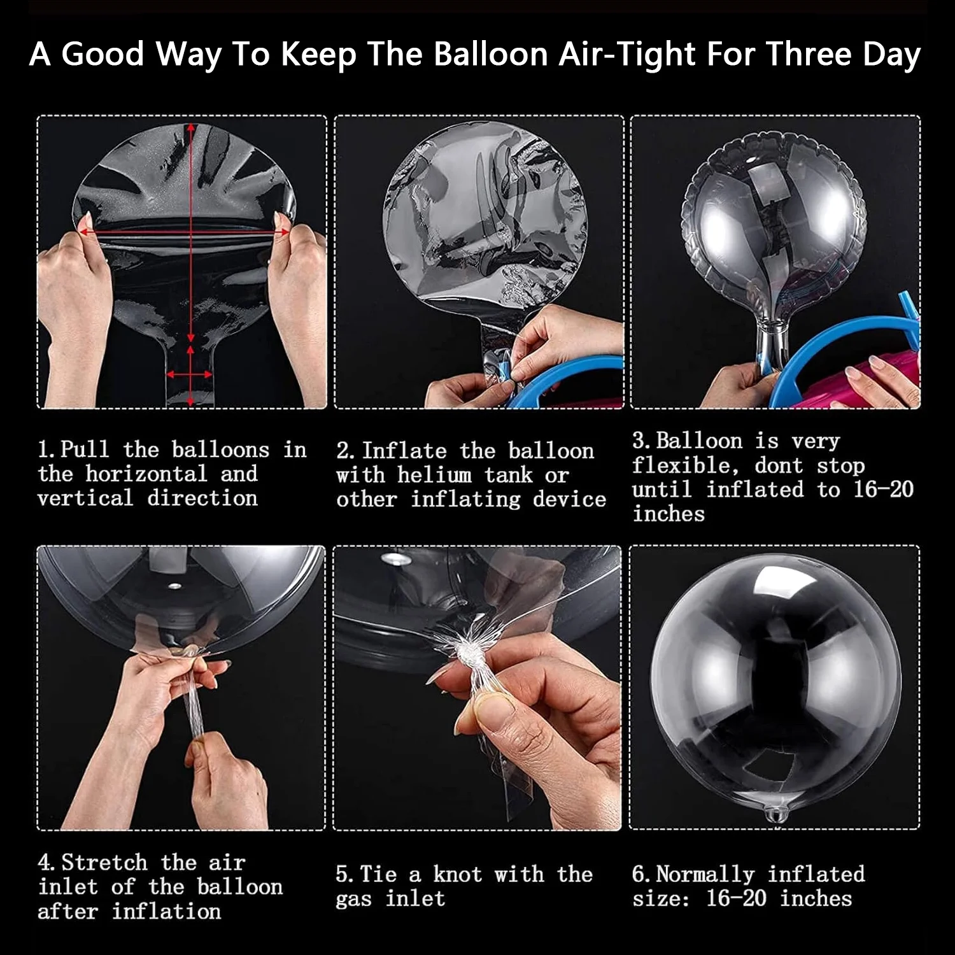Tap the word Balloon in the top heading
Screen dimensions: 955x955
click(x=491, y=55)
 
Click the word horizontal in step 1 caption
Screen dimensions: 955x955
click(x=146, y=474)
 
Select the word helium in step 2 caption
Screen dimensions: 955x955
click(x=435, y=475)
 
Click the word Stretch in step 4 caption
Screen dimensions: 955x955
click(x=105, y=863)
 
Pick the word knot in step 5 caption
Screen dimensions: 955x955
click(x=457, y=874)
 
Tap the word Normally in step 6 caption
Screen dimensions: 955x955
click(x=705, y=875)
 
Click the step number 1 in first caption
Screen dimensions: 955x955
click(x=43, y=449)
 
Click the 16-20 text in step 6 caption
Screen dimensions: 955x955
click(x=736, y=899)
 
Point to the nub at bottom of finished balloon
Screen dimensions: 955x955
click(x=774, y=814)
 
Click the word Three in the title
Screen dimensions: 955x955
click(x=805, y=55)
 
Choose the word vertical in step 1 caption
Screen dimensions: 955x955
click(x=85, y=498)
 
